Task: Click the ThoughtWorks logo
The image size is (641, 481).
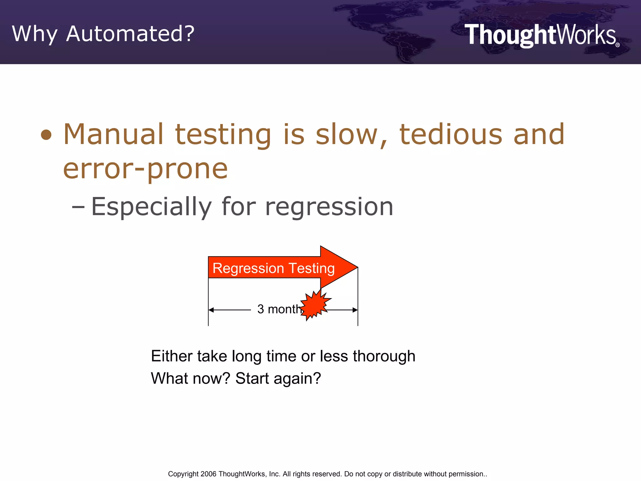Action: pos(541,35)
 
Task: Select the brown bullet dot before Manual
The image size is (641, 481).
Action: pos(46,135)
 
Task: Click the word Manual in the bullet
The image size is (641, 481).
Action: pos(114,134)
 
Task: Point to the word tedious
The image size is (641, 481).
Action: pos(451,134)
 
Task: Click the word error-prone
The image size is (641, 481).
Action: pos(145,169)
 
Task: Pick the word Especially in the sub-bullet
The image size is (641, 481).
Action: pos(151,207)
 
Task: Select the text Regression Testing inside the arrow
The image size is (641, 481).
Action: pos(273,268)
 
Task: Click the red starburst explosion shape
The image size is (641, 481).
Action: pos(315,305)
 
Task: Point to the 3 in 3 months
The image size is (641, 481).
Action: pos(260,309)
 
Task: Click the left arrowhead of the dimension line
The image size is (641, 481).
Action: pos(211,310)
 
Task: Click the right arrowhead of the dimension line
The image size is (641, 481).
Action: pos(355,310)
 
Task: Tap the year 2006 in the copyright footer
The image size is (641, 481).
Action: pos(208,474)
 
